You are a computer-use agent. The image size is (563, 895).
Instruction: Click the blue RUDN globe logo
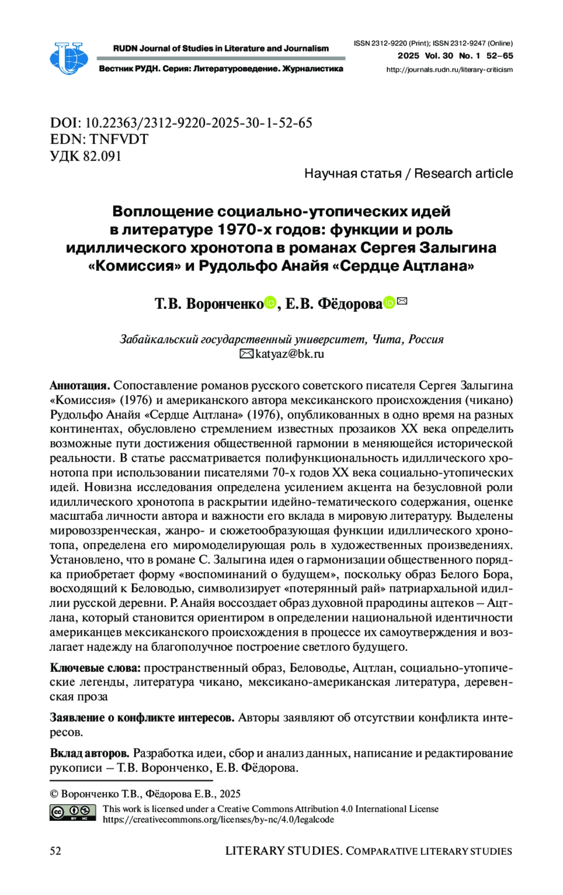point(68,58)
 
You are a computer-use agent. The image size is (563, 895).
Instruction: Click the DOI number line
point(181,123)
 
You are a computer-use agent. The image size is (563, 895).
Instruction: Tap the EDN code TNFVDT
point(119,139)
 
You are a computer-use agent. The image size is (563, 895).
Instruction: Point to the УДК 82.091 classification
point(86,156)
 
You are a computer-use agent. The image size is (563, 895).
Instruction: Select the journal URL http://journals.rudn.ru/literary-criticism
point(449,69)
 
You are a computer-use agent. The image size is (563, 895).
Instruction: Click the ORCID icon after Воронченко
point(270,303)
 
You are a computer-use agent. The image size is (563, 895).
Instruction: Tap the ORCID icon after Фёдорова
point(389,303)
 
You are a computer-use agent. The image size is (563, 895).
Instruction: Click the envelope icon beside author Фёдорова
point(402,301)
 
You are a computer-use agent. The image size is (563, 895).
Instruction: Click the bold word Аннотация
point(80,386)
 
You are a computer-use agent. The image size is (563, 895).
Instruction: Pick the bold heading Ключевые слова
point(95,668)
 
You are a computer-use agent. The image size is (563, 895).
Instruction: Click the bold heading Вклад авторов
point(90,753)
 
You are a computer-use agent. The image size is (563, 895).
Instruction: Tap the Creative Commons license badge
point(73,812)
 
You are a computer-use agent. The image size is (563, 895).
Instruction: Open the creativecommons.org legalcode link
point(218,819)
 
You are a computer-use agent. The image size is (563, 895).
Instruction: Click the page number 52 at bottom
point(55,851)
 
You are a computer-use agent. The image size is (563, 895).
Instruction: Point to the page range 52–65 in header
point(500,56)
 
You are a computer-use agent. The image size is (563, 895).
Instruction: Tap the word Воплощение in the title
point(163,211)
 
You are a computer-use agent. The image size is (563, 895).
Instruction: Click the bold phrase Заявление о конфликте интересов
point(142,718)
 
